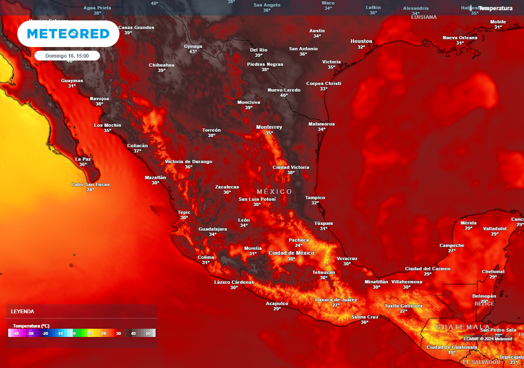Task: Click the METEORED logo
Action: tap(68, 34)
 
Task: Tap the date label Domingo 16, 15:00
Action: tap(67, 56)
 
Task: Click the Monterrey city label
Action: tap(269, 127)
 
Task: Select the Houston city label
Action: tap(361, 41)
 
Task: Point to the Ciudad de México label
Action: tap(291, 253)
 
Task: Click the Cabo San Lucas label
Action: tap(90, 185)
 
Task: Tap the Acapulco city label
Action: tap(277, 303)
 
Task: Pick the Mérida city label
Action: tap(468, 223)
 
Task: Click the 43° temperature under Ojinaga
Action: tap(193, 52)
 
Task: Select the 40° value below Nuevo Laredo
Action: tap(284, 95)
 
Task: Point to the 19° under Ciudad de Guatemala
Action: tap(452, 353)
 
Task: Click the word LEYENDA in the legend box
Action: tap(23, 311)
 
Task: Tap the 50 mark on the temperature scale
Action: tap(148, 333)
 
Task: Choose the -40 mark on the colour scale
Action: tap(16, 333)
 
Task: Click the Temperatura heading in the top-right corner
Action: tap(495, 8)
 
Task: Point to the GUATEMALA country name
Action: tap(462, 327)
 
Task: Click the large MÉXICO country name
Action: tap(274, 192)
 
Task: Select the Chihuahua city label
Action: tap(162, 65)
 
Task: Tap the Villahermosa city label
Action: tap(407, 282)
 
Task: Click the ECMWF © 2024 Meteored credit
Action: tap(488, 339)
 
